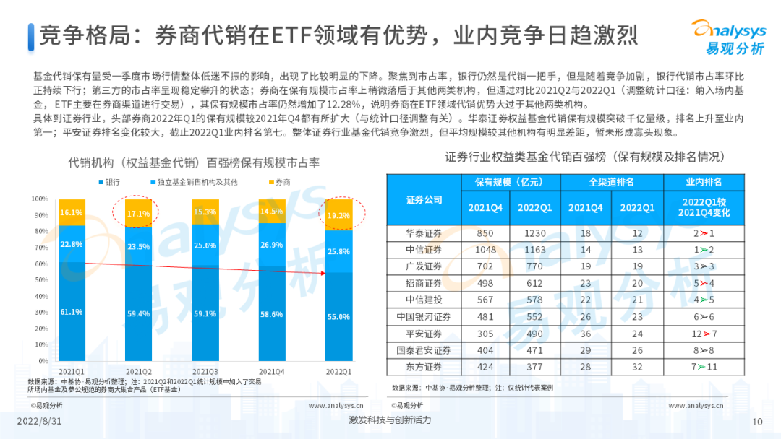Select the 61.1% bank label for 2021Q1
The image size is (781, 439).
click(71, 312)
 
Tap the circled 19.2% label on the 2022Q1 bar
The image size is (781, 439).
click(338, 215)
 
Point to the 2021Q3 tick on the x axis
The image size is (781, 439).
click(205, 371)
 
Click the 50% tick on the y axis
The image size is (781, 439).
click(40, 280)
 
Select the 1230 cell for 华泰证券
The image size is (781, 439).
click(535, 233)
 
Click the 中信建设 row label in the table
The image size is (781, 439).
click(424, 300)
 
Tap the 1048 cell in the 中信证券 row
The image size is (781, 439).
click(485, 250)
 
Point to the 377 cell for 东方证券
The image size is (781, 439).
click(535, 367)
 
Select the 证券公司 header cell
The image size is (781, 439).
click(424, 199)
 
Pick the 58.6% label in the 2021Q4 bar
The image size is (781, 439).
click(272, 315)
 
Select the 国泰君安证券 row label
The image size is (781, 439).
click(424, 350)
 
